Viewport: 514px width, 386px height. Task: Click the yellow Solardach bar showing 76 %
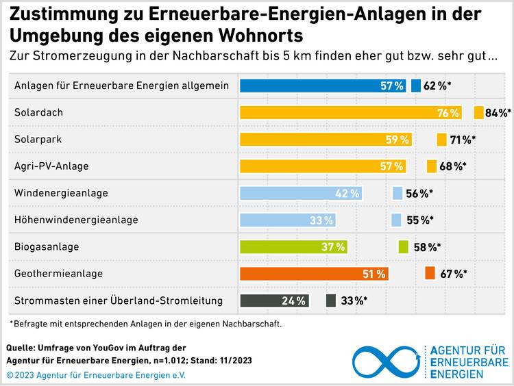351,113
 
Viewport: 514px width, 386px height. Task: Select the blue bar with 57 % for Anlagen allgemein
323,86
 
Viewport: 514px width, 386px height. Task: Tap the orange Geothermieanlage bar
315,274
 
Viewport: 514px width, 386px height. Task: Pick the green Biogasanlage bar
294,247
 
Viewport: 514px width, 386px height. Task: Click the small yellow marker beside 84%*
478,113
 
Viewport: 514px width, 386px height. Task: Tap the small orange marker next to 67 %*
430,273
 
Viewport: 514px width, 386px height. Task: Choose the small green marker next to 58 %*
403,246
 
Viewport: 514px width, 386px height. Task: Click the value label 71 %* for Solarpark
463,140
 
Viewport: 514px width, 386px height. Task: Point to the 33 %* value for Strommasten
354,300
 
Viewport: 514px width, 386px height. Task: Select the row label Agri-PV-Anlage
51,166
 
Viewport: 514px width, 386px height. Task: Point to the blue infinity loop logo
386,362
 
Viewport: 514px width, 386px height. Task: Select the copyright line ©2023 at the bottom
96,375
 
